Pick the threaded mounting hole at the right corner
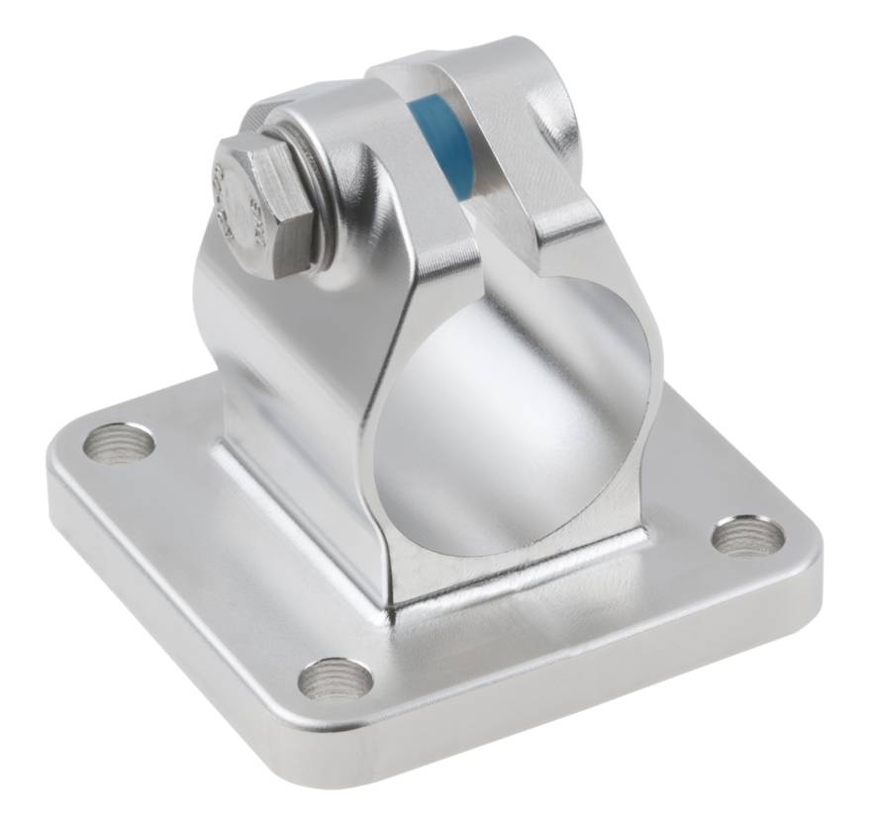[747, 535]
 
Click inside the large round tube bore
[515, 415]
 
